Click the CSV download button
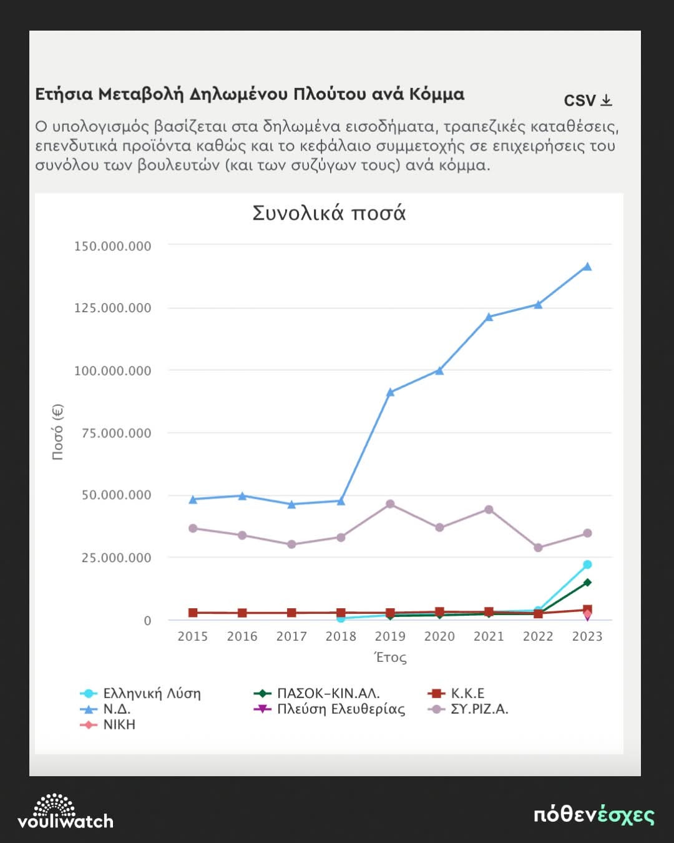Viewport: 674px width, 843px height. (x=588, y=101)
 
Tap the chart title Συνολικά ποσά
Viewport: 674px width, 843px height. (x=329, y=214)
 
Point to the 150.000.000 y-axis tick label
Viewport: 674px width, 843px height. (x=113, y=246)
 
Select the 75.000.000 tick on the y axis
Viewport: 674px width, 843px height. (x=117, y=433)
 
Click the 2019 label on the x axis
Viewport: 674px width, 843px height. (x=390, y=636)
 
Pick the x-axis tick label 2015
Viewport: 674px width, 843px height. (x=192, y=636)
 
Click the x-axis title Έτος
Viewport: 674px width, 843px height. (x=390, y=658)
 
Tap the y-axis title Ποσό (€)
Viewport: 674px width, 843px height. (x=57, y=432)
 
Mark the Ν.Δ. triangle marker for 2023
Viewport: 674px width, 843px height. (x=587, y=267)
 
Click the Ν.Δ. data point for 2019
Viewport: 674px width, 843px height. (x=390, y=393)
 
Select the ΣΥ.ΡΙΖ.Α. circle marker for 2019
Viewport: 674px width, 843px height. (x=390, y=504)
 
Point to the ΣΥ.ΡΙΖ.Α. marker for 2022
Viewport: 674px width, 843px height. (x=538, y=548)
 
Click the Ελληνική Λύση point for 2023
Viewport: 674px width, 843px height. (x=587, y=564)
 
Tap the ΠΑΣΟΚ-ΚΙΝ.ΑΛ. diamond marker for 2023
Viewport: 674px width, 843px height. (x=587, y=583)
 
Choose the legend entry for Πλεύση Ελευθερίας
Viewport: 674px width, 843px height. (x=340, y=709)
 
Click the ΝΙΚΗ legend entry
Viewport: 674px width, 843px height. (x=119, y=725)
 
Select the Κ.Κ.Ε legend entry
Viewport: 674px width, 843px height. (x=467, y=694)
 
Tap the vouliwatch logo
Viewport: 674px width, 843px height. (x=65, y=812)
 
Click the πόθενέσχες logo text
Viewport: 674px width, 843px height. (x=593, y=816)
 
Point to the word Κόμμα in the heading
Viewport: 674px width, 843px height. (x=436, y=94)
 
